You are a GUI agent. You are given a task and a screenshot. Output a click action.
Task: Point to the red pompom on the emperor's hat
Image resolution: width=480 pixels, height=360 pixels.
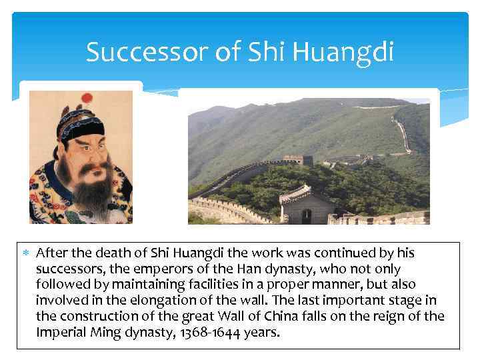(86, 99)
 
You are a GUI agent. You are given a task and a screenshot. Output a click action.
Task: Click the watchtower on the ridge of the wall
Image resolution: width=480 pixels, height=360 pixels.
(298, 160)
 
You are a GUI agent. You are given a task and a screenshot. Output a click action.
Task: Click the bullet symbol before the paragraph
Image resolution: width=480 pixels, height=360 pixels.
(27, 254)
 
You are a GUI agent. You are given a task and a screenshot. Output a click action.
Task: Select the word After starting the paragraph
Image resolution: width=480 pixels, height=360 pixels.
(51, 253)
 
